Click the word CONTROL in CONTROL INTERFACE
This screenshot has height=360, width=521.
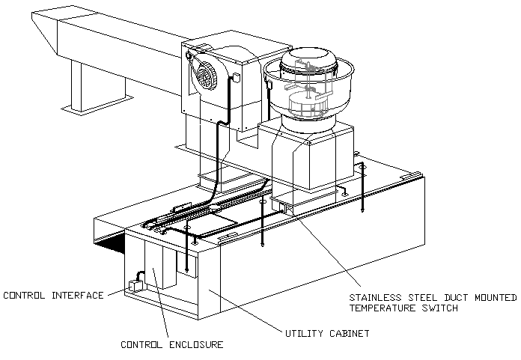tap(24, 295)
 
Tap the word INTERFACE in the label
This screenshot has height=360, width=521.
tap(78, 295)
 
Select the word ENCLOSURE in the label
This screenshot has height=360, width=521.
tap(196, 345)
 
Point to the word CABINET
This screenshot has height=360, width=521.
tap(350, 333)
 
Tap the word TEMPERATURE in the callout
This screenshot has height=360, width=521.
tap(382, 308)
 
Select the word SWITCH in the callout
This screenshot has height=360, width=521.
tap(440, 308)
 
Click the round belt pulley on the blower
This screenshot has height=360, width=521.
tap(205, 76)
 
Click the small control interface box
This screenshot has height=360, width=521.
tap(135, 286)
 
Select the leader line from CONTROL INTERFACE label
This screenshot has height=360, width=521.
tap(117, 292)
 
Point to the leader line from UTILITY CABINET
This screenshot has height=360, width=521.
tap(245, 309)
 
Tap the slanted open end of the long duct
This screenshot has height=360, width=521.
tap(45, 32)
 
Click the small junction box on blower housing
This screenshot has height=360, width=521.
tap(237, 77)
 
